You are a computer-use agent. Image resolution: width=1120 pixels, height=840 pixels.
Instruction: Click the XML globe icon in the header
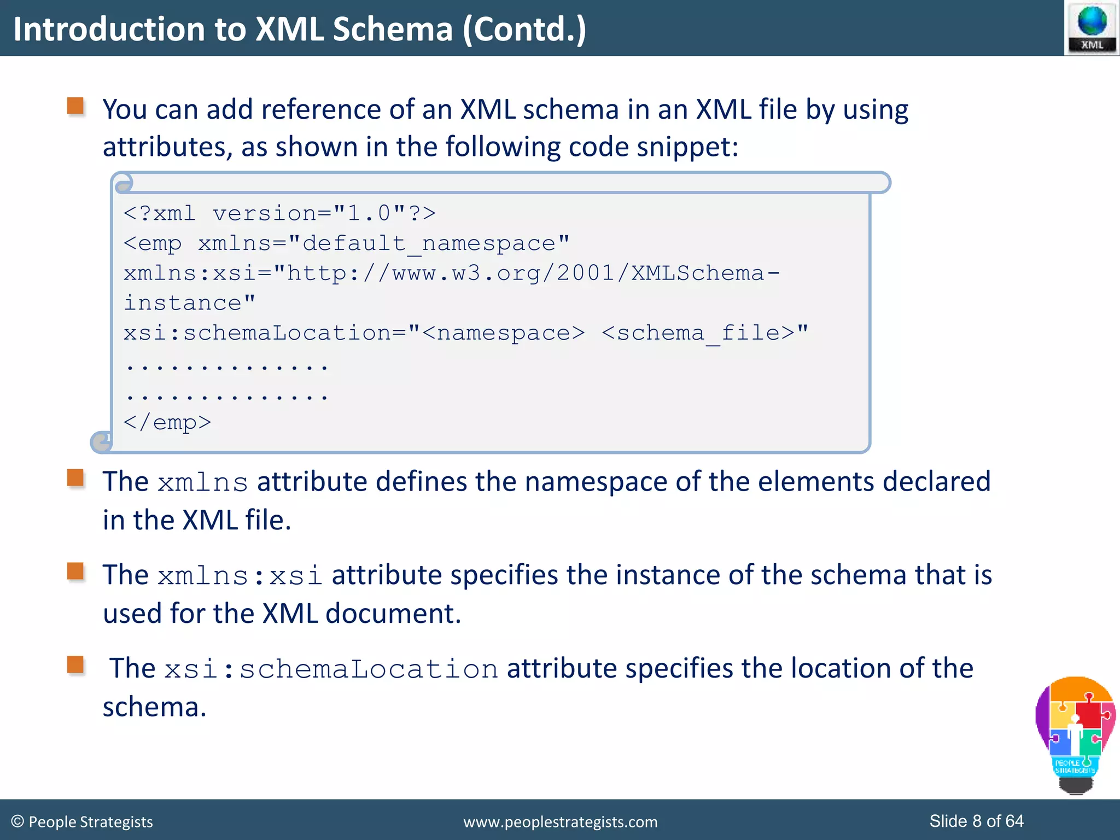[1092, 27]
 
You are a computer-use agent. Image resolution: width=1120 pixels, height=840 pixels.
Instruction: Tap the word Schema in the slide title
[393, 29]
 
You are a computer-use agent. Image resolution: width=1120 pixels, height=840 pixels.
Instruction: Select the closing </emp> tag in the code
[167, 423]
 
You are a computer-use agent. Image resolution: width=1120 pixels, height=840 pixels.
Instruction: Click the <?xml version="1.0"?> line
[279, 213]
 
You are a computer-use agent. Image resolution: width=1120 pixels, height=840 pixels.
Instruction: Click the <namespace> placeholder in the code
[503, 333]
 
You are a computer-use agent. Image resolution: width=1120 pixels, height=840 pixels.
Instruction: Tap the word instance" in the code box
[189, 303]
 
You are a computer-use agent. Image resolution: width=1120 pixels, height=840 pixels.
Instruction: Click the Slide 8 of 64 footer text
[976, 821]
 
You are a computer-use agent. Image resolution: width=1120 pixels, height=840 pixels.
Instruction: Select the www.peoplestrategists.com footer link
[560, 822]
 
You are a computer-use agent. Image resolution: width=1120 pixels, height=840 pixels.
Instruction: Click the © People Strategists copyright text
[82, 822]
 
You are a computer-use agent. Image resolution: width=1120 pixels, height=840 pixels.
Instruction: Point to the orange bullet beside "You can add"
[75, 106]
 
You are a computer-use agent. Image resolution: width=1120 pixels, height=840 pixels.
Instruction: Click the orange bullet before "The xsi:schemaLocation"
[75, 664]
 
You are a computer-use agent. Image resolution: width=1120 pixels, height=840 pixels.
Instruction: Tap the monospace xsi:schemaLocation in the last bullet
[331, 669]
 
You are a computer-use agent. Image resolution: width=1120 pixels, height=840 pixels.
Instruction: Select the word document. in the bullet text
[393, 614]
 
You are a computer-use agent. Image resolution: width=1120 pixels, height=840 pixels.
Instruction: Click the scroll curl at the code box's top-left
[124, 183]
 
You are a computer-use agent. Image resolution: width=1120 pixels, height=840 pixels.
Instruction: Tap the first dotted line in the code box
[226, 365]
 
